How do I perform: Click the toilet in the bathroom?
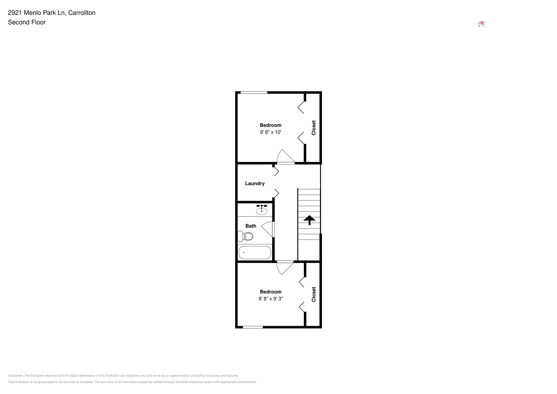(x=245, y=236)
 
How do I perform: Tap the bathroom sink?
(x=261, y=211)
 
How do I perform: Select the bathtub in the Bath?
(x=255, y=252)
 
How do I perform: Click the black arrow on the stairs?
(x=309, y=220)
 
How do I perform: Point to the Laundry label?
(x=255, y=183)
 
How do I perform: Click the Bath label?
(x=251, y=226)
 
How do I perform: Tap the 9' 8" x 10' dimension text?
(x=270, y=132)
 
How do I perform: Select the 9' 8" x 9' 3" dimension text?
(x=270, y=299)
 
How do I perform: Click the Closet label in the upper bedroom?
(x=313, y=128)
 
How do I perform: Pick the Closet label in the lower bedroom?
(x=313, y=294)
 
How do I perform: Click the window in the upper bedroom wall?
(x=254, y=92)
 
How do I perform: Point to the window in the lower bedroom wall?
(x=252, y=327)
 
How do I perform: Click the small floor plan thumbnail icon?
(x=481, y=24)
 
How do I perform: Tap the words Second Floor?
(x=27, y=22)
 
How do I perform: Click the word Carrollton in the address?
(x=82, y=13)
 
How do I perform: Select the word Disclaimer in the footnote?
(x=16, y=376)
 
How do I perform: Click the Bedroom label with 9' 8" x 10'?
(x=270, y=125)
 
